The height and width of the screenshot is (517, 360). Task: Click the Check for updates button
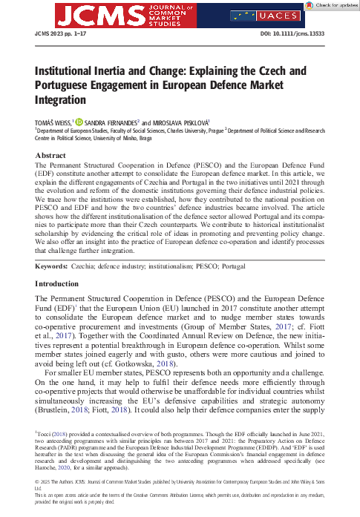[327, 6]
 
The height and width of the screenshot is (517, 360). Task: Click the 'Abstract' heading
[50, 155]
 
